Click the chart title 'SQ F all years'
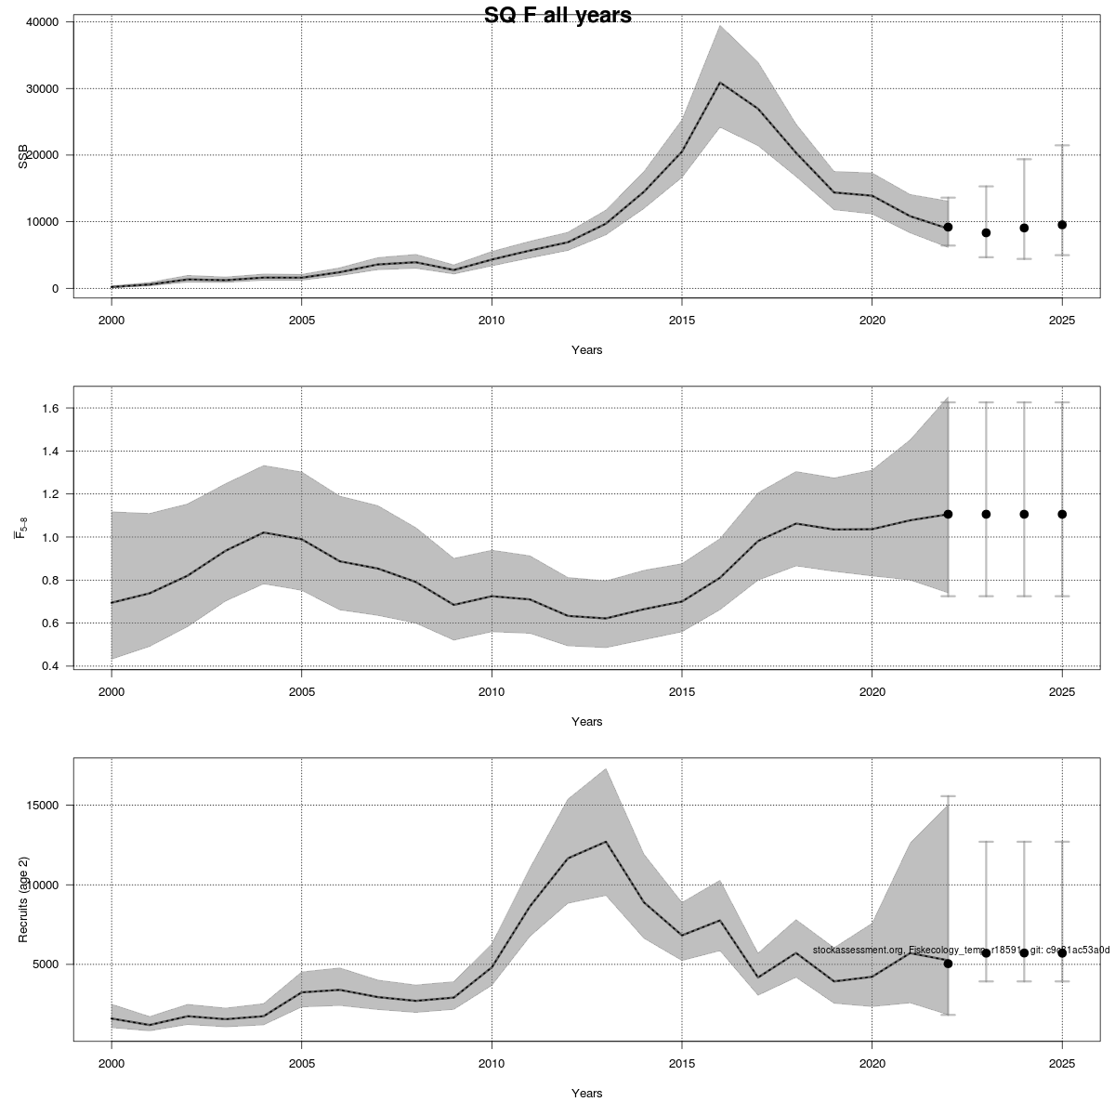[557, 16]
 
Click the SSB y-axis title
[22, 155]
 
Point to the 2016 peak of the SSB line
[719, 83]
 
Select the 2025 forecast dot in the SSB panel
[1062, 225]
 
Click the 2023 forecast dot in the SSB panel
[986, 232]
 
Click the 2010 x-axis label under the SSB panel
[492, 321]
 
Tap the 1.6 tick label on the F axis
[50, 408]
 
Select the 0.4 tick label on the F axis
[50, 666]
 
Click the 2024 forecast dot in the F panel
[1024, 514]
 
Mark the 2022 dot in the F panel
[948, 514]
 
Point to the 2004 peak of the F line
[264, 532]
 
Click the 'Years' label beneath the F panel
[586, 721]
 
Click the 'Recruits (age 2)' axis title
[22, 899]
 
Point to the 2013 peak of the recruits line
[606, 842]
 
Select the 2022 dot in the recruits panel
[948, 964]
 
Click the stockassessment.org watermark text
[961, 950]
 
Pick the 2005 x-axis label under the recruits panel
[301, 1063]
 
